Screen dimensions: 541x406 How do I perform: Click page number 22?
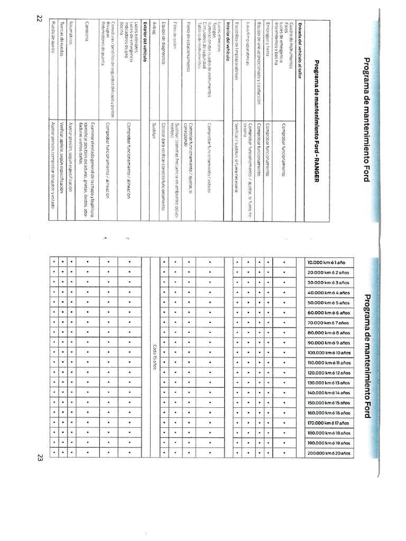pos(39,18)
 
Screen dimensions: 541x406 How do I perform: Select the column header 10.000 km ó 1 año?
pos(327,263)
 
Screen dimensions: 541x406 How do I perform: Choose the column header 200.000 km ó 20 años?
pos(327,453)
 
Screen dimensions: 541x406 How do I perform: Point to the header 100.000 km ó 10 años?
pos(327,353)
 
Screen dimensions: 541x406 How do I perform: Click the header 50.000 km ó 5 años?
pos(327,303)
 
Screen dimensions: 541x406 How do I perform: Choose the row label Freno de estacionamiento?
pos(189,45)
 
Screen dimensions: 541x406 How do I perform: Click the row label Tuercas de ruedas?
pos(61,35)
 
